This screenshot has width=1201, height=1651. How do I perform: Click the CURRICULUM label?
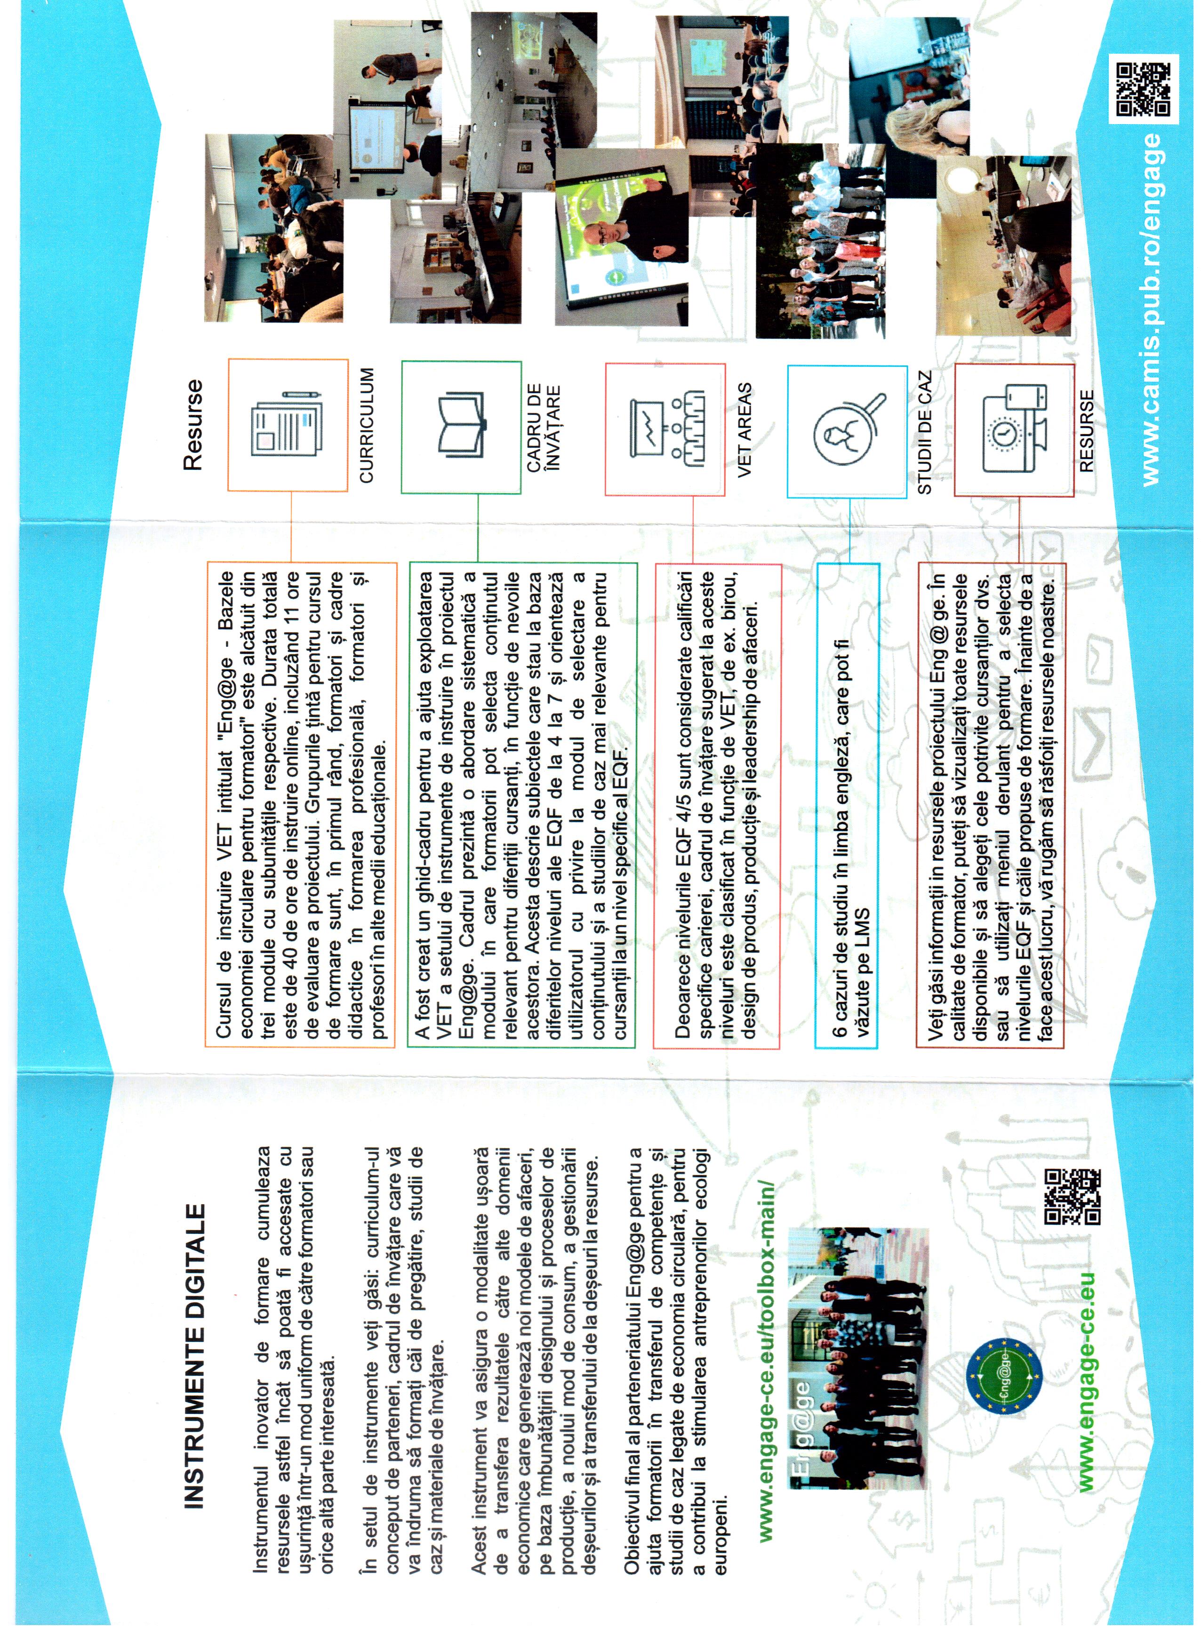coord(366,426)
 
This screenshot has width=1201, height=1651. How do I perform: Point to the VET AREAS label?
coord(745,429)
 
